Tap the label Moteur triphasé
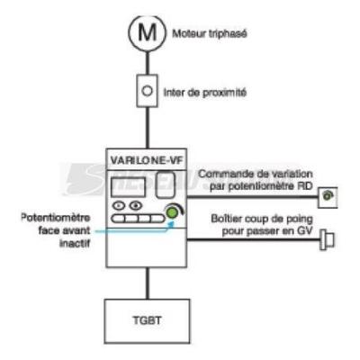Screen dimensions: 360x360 (x=210, y=33)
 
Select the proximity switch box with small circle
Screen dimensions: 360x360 (x=147, y=91)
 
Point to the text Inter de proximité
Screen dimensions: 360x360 (x=205, y=93)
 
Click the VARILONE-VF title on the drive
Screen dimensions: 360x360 (x=147, y=160)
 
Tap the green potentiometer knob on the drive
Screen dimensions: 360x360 (x=172, y=212)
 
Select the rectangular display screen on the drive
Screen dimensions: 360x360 (x=129, y=187)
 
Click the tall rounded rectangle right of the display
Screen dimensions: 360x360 (x=166, y=184)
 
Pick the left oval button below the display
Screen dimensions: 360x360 (x=119, y=206)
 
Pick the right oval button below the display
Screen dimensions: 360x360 (x=136, y=206)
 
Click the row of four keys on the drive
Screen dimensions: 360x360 (x=138, y=219)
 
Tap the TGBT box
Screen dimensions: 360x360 (x=147, y=321)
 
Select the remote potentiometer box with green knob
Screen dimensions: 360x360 (x=328, y=197)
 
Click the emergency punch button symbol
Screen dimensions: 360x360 (x=327, y=239)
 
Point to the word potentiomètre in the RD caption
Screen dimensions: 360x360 (x=252, y=186)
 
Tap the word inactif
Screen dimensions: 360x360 (x=75, y=243)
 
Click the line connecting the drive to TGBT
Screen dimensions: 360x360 (x=147, y=283)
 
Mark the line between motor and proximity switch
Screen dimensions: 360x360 (x=147, y=63)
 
